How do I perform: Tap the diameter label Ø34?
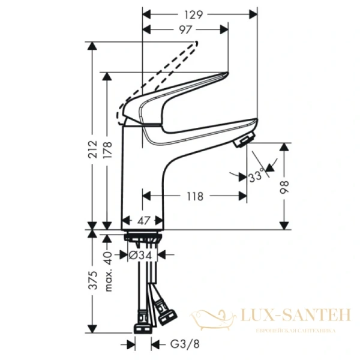(142, 255)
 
